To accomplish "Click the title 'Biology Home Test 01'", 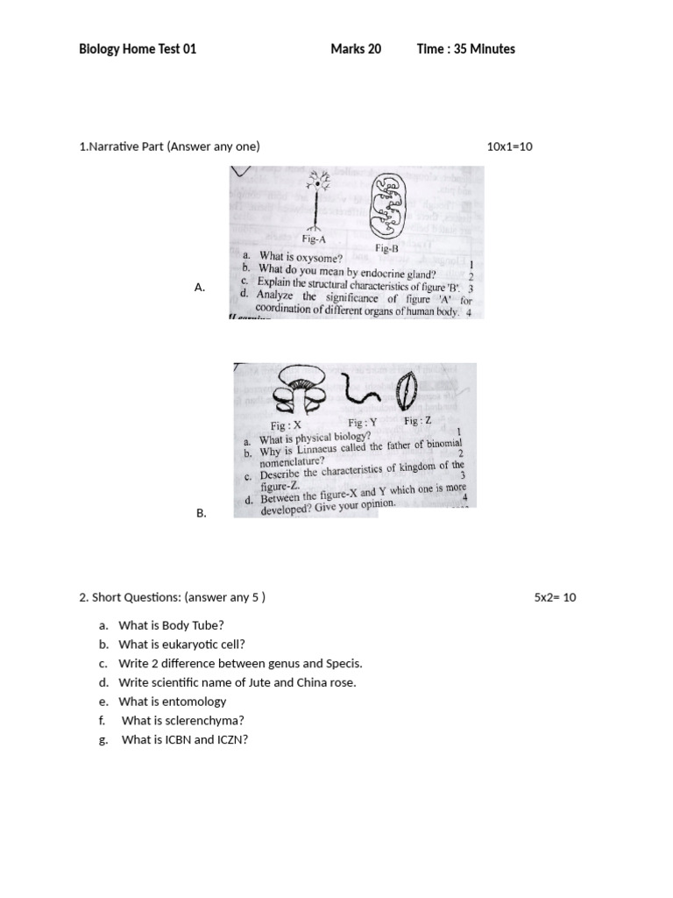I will pos(138,49).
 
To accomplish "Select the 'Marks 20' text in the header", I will pos(356,49).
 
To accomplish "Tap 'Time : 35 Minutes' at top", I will pos(466,49).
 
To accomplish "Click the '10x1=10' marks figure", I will pos(509,146).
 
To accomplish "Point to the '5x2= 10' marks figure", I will pos(556,598).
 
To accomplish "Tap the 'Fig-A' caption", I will pos(314,238).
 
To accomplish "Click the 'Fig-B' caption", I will pos(386,248).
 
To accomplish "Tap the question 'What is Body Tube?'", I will pos(171,625).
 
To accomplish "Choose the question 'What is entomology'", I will pos(172,702).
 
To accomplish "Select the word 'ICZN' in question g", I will pos(231,739).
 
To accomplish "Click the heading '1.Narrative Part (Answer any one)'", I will pos(169,146).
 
